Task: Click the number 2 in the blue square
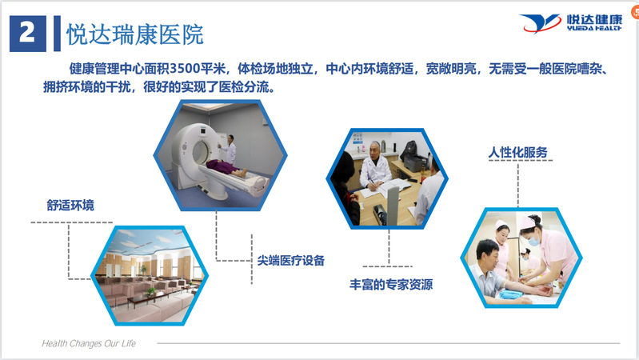point(27,32)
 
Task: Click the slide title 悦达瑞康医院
point(135,34)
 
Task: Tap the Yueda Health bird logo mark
point(540,23)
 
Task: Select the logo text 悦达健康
point(594,20)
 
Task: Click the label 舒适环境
point(70,205)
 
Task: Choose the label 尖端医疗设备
point(290,261)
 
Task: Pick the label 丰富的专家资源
point(391,284)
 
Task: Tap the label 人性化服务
point(517,153)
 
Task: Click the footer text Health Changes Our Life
point(89,343)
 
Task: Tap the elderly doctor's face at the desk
point(375,150)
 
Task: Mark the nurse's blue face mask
point(534,240)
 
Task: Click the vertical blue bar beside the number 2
point(57,34)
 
